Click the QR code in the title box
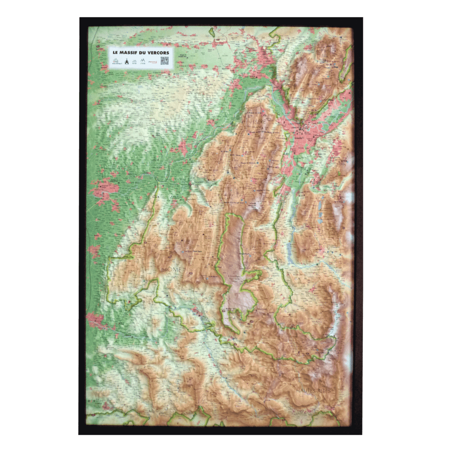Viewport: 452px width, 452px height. (164, 61)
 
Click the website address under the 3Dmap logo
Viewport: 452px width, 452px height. (115, 65)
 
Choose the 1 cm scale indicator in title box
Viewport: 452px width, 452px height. (134, 62)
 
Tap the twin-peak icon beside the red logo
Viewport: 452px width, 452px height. (144, 62)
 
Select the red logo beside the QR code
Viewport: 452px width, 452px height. (154, 62)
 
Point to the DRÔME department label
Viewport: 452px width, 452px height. (172, 270)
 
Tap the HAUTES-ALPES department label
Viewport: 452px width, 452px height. (313, 390)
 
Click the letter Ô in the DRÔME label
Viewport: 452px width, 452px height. (172, 270)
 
